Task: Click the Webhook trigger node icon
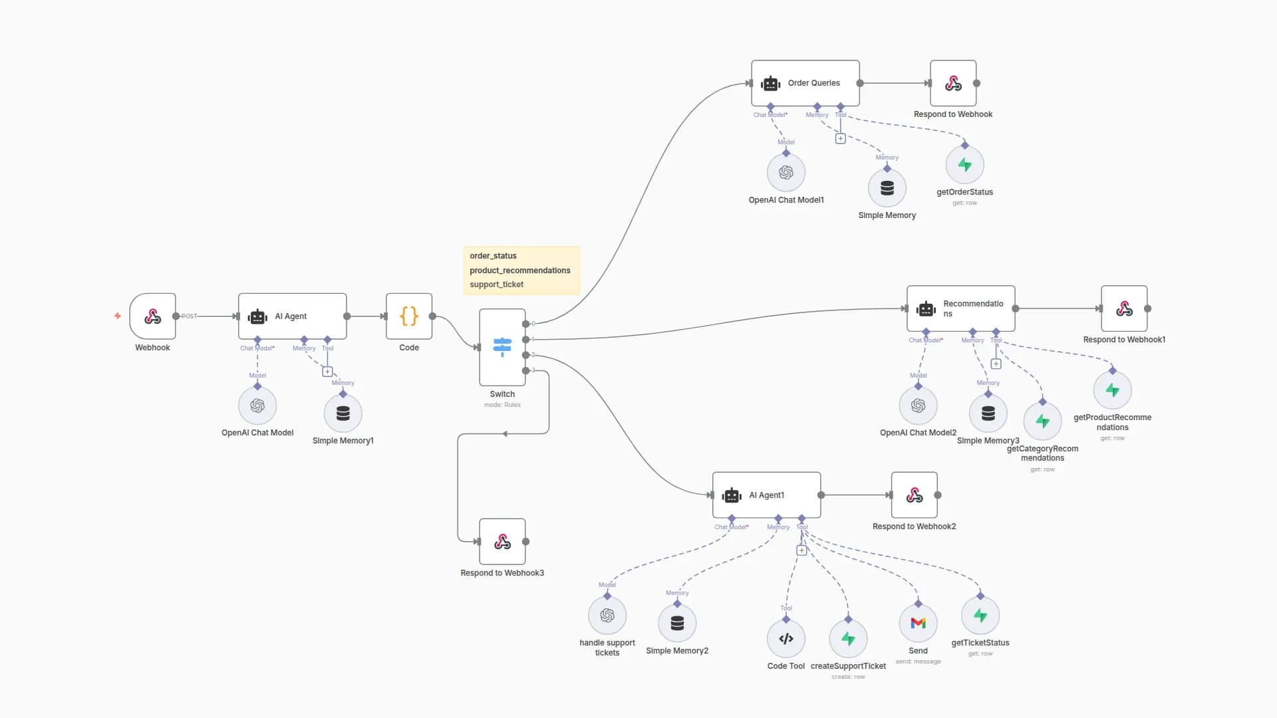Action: point(152,316)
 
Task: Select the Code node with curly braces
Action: point(409,316)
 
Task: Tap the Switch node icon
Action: point(502,347)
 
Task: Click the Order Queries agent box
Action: point(805,83)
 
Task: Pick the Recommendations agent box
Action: point(960,308)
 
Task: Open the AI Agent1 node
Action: point(766,495)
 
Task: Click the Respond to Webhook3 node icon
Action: point(502,542)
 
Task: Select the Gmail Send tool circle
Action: point(918,623)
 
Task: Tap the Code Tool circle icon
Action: point(785,639)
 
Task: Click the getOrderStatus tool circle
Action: point(964,165)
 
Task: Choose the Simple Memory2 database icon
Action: point(677,623)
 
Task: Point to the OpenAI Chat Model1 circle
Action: point(785,173)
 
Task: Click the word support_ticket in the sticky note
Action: point(496,285)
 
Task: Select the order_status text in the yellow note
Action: point(493,256)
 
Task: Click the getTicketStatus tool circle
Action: point(980,616)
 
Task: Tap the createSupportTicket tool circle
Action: point(848,639)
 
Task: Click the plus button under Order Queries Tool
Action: point(840,139)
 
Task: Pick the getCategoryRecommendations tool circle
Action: point(1042,421)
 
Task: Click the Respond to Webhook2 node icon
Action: point(914,495)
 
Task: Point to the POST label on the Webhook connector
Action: point(190,316)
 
